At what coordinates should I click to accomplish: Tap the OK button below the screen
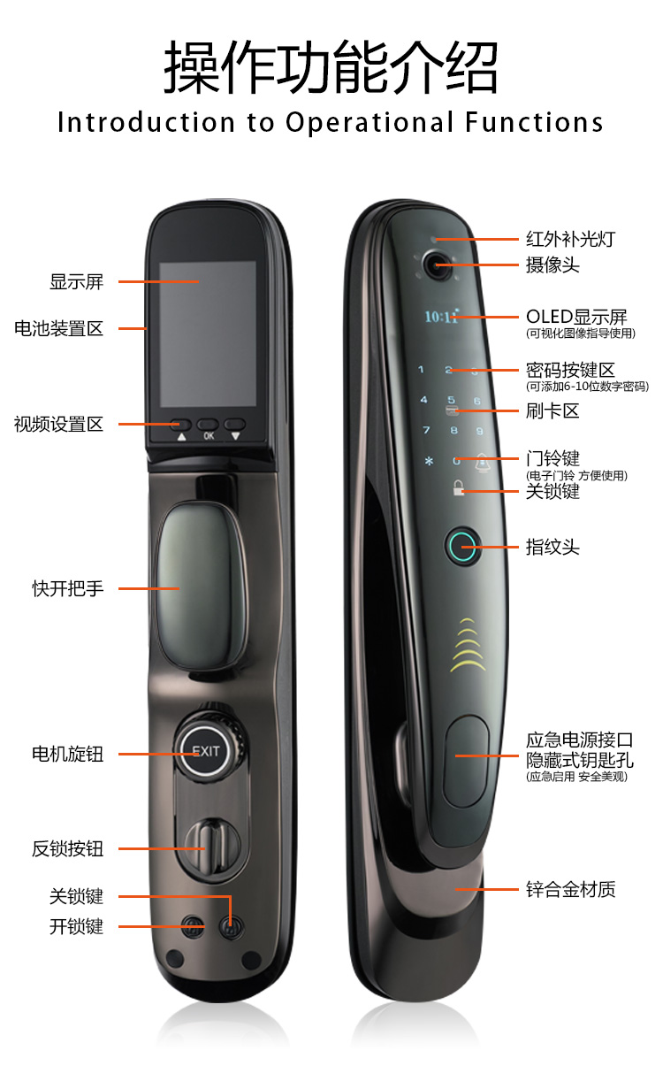tap(209, 424)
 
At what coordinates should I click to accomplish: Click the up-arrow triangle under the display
tap(182, 436)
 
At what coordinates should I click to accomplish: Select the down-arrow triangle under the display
tap(235, 436)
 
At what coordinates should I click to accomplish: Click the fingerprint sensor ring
tap(461, 547)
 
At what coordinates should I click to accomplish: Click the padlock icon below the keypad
tap(458, 487)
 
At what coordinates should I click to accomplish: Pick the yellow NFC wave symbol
tap(468, 644)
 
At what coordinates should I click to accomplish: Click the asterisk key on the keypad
tap(429, 461)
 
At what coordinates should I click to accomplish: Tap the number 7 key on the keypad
tap(427, 430)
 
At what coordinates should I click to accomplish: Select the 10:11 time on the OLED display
tap(442, 316)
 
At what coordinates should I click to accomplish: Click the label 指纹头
tap(552, 547)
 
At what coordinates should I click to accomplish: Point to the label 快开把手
tap(68, 588)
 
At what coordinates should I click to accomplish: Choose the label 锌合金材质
tap(571, 889)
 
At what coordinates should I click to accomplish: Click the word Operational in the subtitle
tap(370, 122)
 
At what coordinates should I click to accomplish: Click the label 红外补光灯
tap(571, 239)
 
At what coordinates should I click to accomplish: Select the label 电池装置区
tap(59, 328)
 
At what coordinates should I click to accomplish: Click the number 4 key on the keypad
tap(423, 400)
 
